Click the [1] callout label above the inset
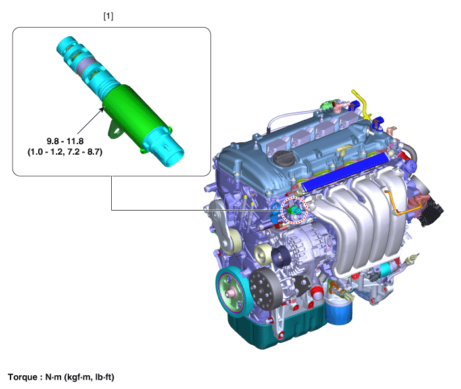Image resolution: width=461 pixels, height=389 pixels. click(109, 16)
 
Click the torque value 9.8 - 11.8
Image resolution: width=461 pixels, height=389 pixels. click(65, 142)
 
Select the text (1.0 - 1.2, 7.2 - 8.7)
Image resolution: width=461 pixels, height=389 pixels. click(65, 152)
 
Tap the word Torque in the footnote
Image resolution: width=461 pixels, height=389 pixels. click(22, 377)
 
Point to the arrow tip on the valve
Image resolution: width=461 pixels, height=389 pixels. click(104, 108)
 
